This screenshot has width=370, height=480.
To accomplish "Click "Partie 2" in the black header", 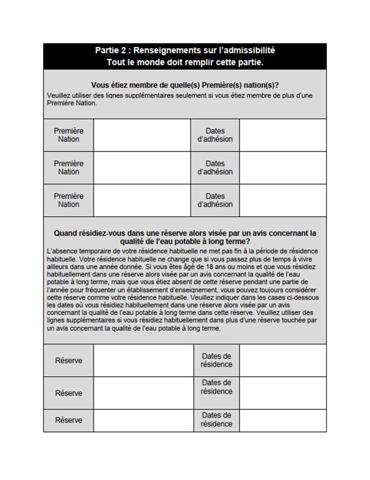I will [x=110, y=50].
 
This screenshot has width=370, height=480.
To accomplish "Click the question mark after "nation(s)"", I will [x=277, y=86].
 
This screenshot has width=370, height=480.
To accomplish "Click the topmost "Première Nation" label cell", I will [x=69, y=135].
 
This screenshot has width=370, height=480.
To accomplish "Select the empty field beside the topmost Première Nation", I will [x=142, y=135].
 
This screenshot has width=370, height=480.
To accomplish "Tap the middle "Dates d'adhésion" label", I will [x=215, y=168].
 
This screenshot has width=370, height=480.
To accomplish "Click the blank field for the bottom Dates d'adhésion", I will [x=282, y=200].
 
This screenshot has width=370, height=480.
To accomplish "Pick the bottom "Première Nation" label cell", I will [x=69, y=200].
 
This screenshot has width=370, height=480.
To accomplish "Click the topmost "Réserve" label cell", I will [x=69, y=361].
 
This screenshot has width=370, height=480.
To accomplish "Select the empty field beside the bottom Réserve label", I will [x=142, y=420].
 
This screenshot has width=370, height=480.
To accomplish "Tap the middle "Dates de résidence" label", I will [x=216, y=387].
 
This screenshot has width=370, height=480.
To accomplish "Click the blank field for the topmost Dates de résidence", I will [x=282, y=361].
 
